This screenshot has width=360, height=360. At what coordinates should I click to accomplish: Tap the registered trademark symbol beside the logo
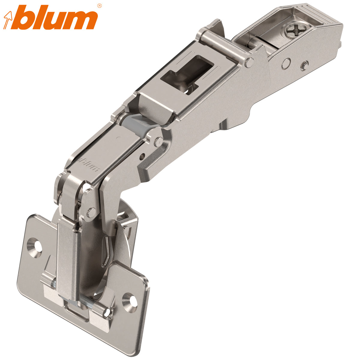tap(100, 5)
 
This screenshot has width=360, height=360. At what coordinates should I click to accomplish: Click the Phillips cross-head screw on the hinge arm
tap(292, 31)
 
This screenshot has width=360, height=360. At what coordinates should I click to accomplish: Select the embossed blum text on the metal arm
tap(89, 163)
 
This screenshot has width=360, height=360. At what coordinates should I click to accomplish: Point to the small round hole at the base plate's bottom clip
tap(106, 313)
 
